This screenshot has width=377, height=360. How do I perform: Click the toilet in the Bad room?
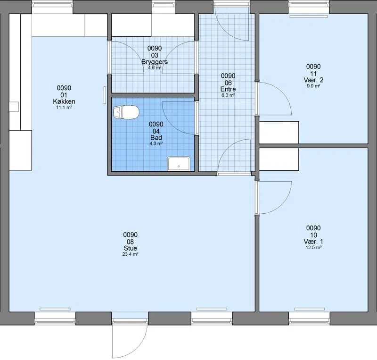click(x=126, y=112)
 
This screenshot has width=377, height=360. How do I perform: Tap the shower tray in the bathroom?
click(x=179, y=164)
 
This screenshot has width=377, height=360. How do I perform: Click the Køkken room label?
click(x=64, y=101)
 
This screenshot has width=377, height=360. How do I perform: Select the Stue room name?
click(x=130, y=248)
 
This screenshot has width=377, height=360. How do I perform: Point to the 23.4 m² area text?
click(x=130, y=254)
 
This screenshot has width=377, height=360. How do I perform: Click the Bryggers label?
click(x=155, y=62)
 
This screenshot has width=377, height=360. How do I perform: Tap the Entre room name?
click(x=228, y=89)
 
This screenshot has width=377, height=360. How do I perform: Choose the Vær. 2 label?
click(x=313, y=80)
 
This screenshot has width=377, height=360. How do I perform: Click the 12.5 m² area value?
click(x=313, y=247)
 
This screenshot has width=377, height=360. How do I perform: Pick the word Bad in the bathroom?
click(x=156, y=137)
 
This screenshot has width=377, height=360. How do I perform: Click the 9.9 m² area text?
click(x=313, y=86)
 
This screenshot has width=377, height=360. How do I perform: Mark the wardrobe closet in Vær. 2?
click(x=279, y=133)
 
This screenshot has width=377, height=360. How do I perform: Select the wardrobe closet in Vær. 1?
click(x=279, y=159)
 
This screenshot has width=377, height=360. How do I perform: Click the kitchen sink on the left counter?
click(x=14, y=107)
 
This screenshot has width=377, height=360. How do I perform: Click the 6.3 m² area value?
click(x=228, y=95)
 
